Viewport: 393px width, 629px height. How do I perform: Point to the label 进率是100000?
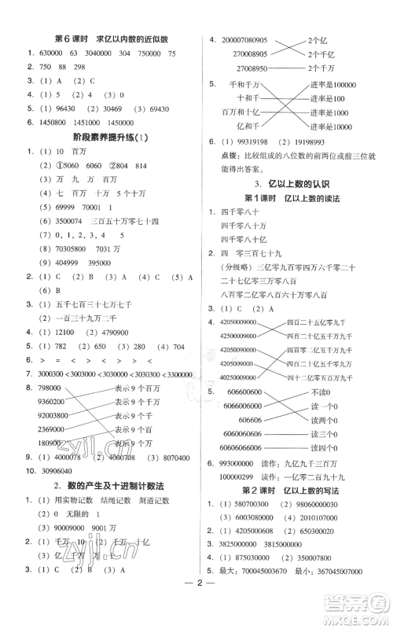tap(334, 84)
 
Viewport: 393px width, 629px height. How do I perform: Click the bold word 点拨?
tap(219, 156)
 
